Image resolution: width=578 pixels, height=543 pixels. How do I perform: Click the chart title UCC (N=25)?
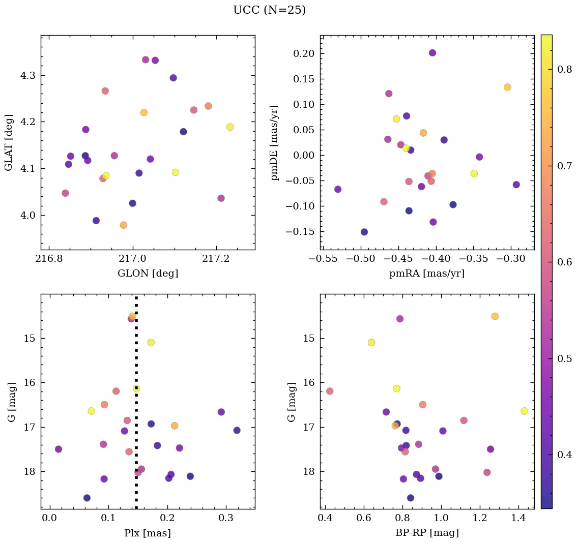tap(269, 10)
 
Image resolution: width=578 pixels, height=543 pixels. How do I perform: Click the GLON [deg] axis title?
tap(148, 274)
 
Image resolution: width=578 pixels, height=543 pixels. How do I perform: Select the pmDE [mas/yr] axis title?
tap(275, 142)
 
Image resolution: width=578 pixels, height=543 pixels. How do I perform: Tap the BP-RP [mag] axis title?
tap(427, 533)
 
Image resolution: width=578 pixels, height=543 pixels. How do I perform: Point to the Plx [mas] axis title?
tap(148, 533)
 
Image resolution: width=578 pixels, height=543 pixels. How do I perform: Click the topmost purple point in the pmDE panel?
tap(432, 53)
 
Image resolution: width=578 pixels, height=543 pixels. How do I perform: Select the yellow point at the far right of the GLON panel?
tap(230, 127)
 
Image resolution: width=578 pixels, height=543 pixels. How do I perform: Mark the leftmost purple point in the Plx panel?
tap(59, 449)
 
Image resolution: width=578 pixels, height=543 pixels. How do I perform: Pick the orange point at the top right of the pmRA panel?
tap(507, 87)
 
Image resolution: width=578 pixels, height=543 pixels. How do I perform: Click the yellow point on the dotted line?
tap(136, 388)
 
